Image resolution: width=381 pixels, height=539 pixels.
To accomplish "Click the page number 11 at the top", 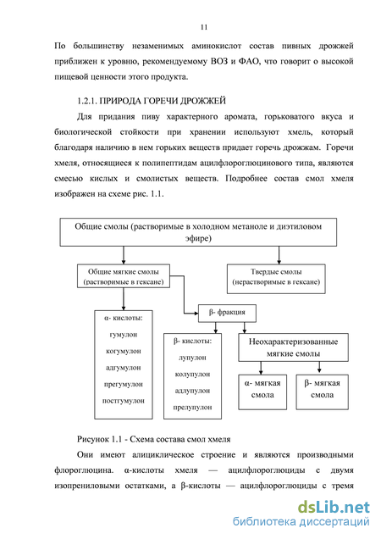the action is pyautogui.click(x=204, y=27).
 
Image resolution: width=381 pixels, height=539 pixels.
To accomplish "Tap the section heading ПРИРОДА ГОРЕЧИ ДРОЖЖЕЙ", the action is pyautogui.click(x=163, y=101).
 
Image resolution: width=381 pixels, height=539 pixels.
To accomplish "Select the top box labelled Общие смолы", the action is pyautogui.click(x=198, y=232).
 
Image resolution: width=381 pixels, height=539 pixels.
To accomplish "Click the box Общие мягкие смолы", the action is pyautogui.click(x=124, y=276).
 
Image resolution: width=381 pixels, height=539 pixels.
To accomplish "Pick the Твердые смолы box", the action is pyautogui.click(x=276, y=279).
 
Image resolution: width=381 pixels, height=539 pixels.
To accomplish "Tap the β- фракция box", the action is pyautogui.click(x=227, y=314).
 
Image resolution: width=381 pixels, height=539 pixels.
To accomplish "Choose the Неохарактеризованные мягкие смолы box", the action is pyautogui.click(x=294, y=347).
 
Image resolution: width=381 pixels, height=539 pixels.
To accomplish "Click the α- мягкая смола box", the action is pyautogui.click(x=262, y=392).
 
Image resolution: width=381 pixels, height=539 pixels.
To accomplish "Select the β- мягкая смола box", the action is pyautogui.click(x=323, y=392).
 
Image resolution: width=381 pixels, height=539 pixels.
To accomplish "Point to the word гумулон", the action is pyautogui.click(x=124, y=335).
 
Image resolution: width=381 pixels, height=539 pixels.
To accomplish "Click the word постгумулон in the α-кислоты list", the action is pyautogui.click(x=124, y=401).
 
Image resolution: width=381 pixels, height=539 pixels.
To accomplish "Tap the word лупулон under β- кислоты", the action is pyautogui.click(x=192, y=358).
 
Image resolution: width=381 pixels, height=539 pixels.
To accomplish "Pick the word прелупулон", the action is pyautogui.click(x=192, y=408).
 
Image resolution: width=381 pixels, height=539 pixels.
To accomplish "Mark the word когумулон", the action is pyautogui.click(x=124, y=351).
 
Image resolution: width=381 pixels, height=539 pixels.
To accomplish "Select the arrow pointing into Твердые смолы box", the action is pyautogui.click(x=279, y=255).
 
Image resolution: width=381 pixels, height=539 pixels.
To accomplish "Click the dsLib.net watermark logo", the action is pyautogui.click(x=334, y=508).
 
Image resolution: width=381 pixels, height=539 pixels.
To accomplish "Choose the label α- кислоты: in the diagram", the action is pyautogui.click(x=124, y=319).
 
